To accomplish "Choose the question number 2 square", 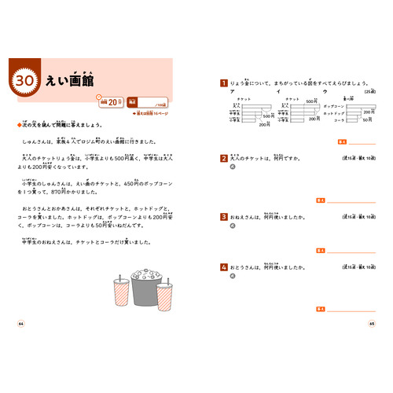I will [224, 158].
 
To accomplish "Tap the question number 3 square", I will [224, 215].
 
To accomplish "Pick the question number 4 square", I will [224, 268].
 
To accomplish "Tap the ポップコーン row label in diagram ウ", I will [333, 105].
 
